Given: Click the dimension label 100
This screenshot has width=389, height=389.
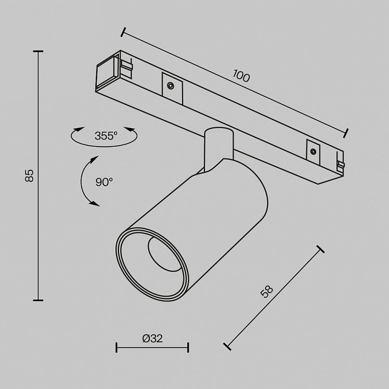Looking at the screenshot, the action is pos(241,76).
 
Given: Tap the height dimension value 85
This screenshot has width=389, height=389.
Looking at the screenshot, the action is pos(29,176).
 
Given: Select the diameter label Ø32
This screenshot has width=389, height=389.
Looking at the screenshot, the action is pos(152,339).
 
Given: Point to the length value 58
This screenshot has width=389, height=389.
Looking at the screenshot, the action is pos(267,292).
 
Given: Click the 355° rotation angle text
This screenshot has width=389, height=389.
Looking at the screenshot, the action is pos(106,136).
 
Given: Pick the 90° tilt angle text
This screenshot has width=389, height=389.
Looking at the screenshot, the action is pos(104,182).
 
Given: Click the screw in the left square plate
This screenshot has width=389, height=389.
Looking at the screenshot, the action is pos(170,86).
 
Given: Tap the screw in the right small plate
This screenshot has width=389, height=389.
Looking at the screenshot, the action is pos(313,151).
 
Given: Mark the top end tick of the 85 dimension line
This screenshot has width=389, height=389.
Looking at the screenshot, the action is pos(38,51).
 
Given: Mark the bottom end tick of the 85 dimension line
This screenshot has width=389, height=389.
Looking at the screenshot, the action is pos(38,300).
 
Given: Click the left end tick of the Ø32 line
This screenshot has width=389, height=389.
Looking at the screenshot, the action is pos(116,347).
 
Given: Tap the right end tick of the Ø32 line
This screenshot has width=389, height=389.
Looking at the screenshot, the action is pos(188,347).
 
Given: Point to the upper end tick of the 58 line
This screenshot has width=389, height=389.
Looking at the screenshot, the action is pos(320,249).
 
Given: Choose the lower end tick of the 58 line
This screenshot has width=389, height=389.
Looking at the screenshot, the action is pos(227,346).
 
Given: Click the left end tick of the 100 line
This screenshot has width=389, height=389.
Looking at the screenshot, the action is pos(123,32).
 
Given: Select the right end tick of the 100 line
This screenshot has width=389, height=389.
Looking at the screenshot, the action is pos(346,133).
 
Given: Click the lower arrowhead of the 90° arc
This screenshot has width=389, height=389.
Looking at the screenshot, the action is pos(95,203).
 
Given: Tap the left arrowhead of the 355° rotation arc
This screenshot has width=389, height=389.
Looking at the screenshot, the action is pos(79,129).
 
